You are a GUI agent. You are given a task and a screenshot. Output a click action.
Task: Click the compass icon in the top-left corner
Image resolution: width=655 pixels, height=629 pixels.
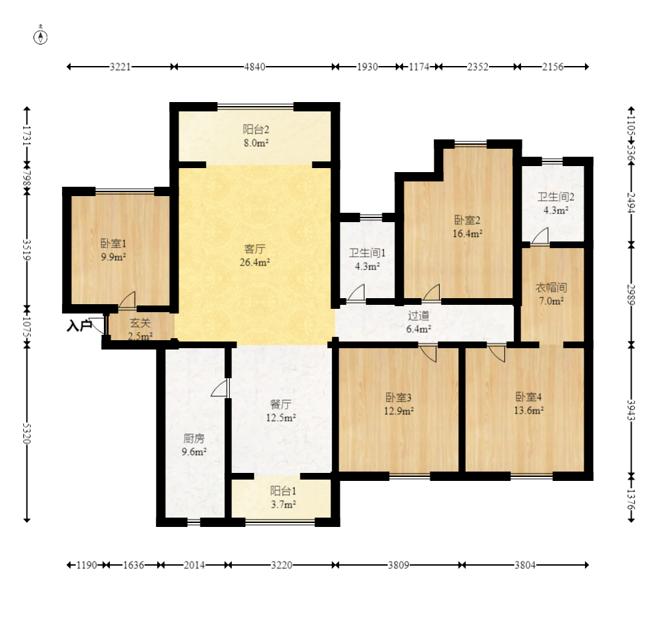pos(41,37)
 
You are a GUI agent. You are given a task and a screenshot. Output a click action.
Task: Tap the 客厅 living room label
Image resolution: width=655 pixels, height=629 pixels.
pos(255,249)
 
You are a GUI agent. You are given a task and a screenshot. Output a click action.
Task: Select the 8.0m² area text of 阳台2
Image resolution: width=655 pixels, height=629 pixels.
pos(256,143)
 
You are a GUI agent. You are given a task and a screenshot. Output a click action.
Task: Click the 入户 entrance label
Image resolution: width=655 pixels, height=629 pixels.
pos(79,326)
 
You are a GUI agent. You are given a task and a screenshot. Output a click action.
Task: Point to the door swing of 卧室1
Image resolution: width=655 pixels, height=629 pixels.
pos(127,300)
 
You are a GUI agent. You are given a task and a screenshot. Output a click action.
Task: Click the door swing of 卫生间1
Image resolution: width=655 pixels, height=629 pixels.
pos(356,292)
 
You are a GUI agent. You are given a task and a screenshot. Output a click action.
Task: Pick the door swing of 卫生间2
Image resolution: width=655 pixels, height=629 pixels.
pos(540,235)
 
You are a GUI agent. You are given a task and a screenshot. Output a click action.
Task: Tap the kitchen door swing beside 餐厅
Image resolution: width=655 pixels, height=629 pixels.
pos(220,388)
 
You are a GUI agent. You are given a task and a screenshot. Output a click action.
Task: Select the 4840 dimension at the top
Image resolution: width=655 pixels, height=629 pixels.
pos(255,67)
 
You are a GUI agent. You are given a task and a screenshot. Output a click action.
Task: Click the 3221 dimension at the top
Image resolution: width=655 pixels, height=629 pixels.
pos(121,67)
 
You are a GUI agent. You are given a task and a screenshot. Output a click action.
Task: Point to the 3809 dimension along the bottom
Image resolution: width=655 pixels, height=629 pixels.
pos(398,566)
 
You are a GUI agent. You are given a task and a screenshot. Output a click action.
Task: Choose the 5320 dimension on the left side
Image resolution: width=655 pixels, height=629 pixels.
pos(27,434)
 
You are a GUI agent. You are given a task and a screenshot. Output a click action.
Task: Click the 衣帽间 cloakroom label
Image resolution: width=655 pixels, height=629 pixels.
pos(552,287)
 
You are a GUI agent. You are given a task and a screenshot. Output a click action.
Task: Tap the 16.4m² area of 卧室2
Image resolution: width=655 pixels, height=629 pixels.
pos(468,233)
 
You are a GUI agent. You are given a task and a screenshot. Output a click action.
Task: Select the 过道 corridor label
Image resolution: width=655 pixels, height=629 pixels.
pos(418,316)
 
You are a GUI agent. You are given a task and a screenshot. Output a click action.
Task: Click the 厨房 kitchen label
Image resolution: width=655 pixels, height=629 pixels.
pos(195,438)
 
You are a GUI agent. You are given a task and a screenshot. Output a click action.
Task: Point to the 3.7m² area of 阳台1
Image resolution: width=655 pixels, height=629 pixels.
pos(283,505)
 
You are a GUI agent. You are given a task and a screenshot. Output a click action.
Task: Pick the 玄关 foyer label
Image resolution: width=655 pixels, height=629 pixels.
pos(140,323)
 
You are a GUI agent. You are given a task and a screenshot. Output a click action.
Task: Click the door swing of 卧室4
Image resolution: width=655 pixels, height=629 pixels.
pos(496,354)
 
